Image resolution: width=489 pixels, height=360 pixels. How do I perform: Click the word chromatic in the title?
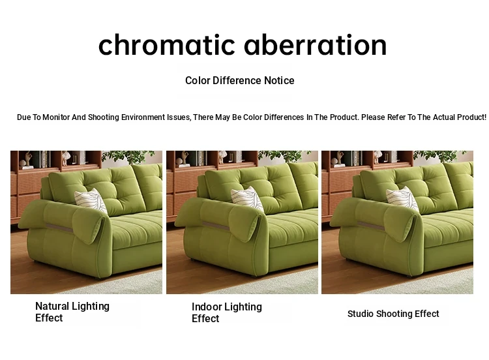tap(166, 45)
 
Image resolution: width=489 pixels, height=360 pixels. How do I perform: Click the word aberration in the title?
tap(316, 45)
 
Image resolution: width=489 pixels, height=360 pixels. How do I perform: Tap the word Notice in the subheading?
tap(279, 80)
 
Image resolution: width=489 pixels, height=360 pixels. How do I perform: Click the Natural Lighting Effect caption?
tap(72, 312)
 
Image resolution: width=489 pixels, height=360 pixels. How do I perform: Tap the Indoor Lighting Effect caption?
tap(227, 312)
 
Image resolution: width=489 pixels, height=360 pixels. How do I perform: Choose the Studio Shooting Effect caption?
tap(393, 314)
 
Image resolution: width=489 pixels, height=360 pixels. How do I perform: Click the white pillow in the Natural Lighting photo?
tap(91, 201)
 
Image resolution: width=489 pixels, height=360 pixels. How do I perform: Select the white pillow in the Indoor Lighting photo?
tap(247, 200)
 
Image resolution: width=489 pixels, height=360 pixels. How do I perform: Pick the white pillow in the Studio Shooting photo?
tap(402, 199)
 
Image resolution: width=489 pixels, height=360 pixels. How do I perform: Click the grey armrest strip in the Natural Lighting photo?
tap(59, 228)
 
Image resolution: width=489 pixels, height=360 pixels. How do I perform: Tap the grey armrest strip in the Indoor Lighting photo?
tap(216, 226)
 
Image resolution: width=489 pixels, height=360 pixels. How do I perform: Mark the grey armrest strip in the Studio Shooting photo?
tap(371, 226)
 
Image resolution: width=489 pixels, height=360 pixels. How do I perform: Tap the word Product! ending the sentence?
tap(471, 117)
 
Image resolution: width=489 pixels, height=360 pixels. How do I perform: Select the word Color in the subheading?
tap(198, 80)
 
